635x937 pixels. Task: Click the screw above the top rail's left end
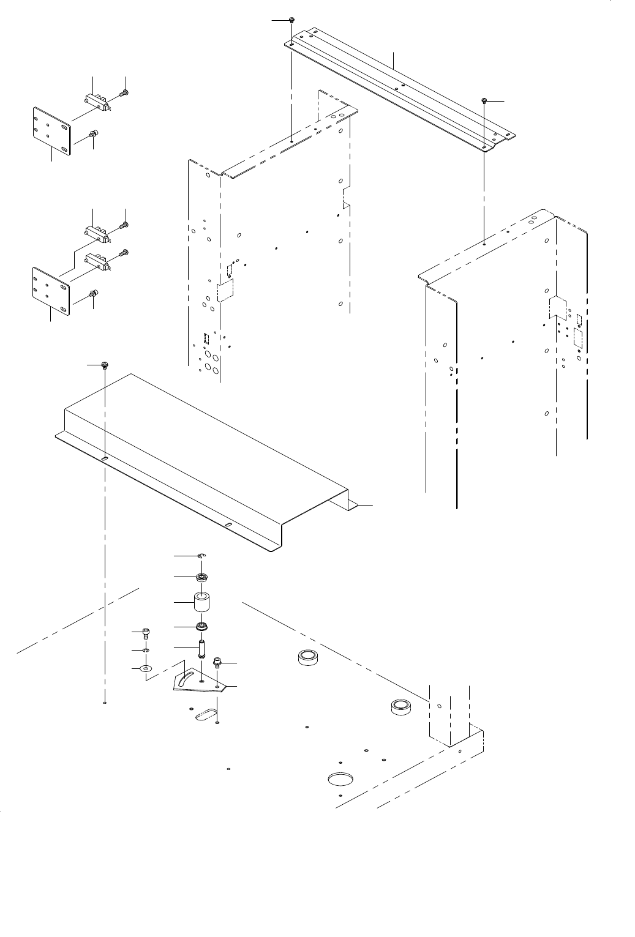[293, 21]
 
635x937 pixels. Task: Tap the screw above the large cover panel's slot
[105, 365]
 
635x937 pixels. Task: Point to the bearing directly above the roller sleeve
[201, 577]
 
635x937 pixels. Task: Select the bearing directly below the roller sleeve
[201, 627]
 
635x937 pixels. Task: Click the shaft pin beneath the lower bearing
[201, 647]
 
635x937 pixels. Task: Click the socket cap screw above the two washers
[145, 633]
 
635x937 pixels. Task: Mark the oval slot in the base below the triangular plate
[205, 713]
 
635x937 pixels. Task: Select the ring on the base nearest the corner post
[400, 707]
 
